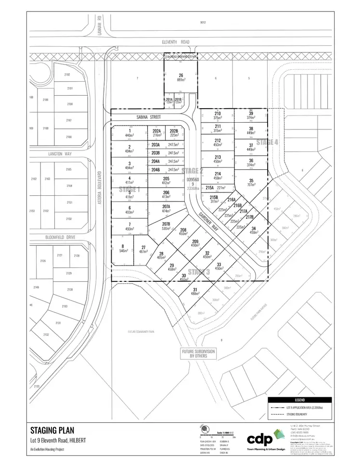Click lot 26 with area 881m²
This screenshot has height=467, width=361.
(x=181, y=77)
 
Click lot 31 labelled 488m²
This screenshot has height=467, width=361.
(x=195, y=291)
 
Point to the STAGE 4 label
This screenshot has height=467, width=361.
(x=267, y=142)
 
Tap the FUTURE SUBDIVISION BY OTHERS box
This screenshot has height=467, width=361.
(x=198, y=354)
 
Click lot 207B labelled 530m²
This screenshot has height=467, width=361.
(x=166, y=227)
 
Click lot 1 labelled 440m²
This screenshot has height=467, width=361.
(x=129, y=133)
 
